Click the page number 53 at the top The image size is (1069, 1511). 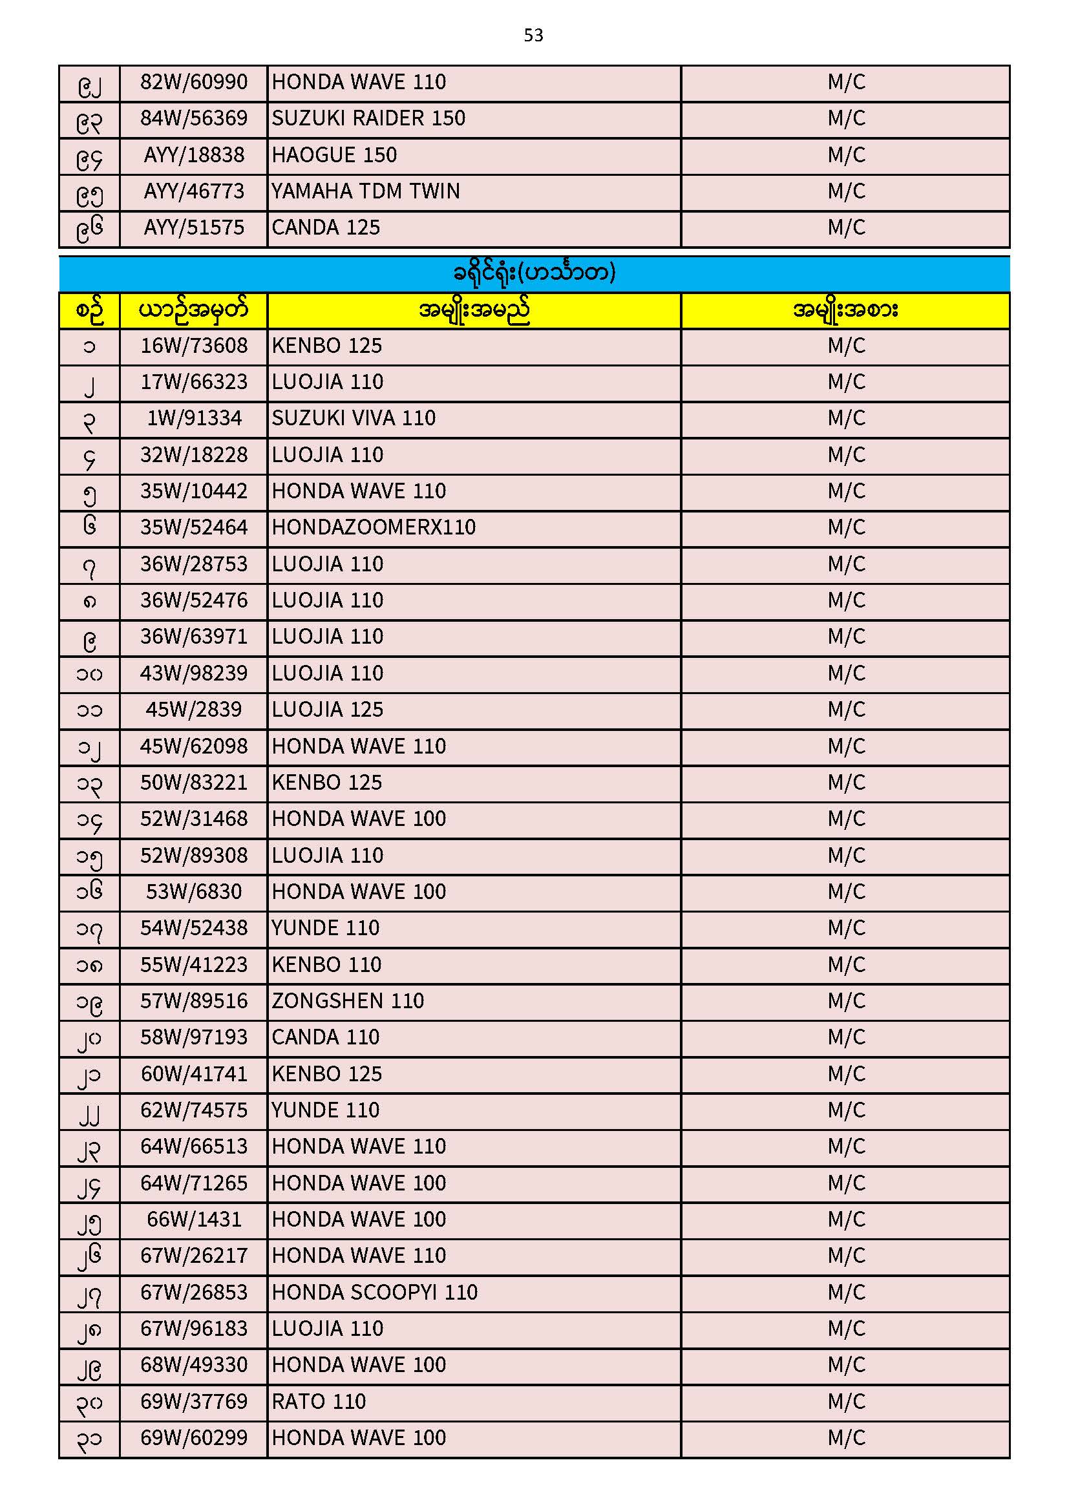(533, 35)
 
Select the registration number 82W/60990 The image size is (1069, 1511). (193, 82)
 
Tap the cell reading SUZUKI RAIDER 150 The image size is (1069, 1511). (368, 118)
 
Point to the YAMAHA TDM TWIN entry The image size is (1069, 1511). (365, 191)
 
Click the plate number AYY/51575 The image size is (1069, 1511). (193, 227)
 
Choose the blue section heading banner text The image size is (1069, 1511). (533, 273)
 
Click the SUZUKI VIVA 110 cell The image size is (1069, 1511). (354, 419)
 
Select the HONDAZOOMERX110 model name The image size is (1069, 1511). (373, 528)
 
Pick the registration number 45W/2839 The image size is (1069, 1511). (193, 710)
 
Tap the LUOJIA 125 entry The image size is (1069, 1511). (327, 710)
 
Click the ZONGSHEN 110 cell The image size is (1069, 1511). (348, 1002)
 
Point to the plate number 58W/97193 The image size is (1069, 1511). (193, 1038)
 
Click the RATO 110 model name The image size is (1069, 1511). (319, 1402)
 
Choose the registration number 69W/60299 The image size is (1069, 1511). (193, 1439)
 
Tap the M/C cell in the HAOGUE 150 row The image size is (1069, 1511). (846, 155)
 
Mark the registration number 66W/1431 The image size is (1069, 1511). (193, 1220)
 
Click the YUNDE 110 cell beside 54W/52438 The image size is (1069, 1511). (325, 929)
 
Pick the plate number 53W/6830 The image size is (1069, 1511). (193, 893)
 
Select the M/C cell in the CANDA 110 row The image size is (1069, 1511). (846, 1038)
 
